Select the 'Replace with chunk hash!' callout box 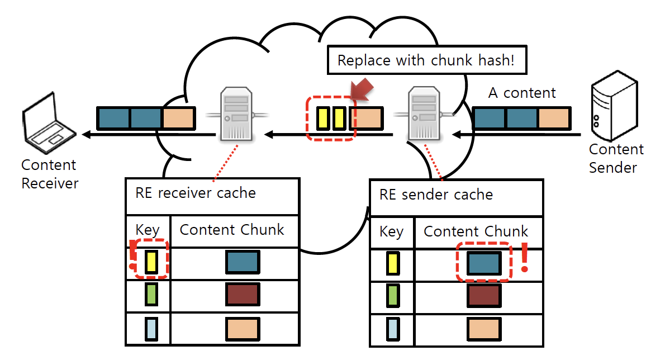(x=426, y=60)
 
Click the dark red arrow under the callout (x=362, y=91)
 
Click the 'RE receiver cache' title (x=196, y=193)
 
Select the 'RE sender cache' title (x=436, y=195)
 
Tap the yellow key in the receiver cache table (x=151, y=262)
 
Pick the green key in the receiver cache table (x=151, y=294)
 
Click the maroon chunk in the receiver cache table (x=242, y=294)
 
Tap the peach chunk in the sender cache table (x=483, y=329)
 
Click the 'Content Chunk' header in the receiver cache (x=232, y=230)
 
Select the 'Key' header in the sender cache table (x=391, y=231)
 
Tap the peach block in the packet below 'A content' (x=554, y=119)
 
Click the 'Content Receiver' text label (x=50, y=174)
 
